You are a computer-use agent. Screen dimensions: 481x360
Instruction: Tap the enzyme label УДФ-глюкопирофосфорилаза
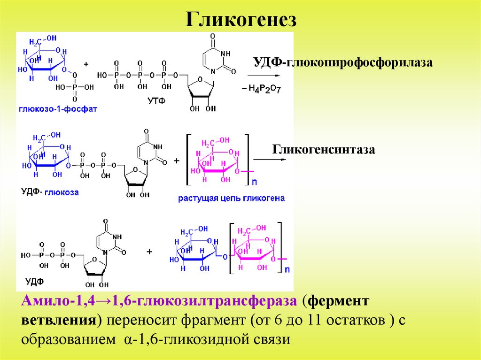(x=342, y=62)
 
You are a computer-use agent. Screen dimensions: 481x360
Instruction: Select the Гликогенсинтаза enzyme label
(x=324, y=150)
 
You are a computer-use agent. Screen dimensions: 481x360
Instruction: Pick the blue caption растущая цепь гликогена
(x=231, y=198)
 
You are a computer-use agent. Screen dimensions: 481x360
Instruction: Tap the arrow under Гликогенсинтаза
(x=270, y=160)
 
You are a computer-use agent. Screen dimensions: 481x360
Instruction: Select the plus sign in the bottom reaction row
(x=149, y=252)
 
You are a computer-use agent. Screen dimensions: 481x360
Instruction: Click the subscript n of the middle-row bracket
(x=254, y=180)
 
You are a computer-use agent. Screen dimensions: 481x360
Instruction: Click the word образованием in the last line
(x=66, y=339)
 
